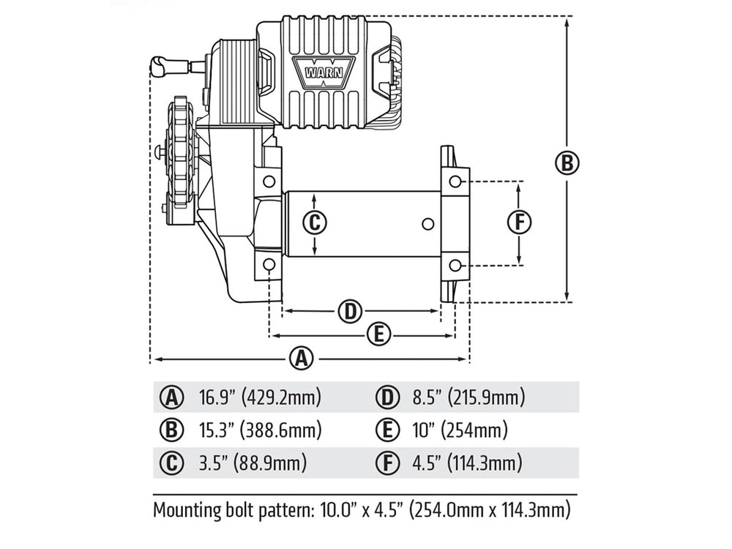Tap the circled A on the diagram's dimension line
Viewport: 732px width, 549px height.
tap(300, 359)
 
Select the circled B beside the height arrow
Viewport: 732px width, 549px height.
tap(567, 163)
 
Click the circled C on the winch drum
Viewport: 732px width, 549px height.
tap(313, 223)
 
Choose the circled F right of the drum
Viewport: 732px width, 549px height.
tap(519, 222)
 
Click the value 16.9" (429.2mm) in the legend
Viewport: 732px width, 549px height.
tap(260, 397)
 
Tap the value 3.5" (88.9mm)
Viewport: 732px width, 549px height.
tap(253, 463)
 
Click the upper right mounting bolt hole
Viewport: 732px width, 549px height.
tap(455, 181)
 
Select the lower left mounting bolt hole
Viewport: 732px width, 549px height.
tap(269, 264)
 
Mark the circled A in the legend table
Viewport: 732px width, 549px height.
tap(171, 397)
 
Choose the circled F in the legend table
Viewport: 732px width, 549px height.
tap(386, 463)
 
